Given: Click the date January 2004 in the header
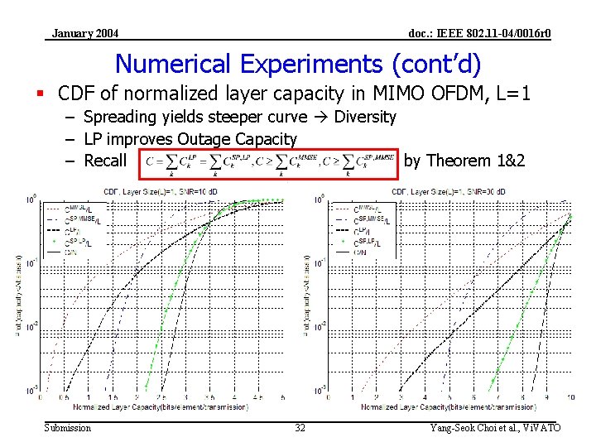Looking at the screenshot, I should point(84,33).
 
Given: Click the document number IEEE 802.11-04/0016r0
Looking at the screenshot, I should point(480,33).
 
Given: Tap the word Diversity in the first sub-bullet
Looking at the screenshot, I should point(365,118).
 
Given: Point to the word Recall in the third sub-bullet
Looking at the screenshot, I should point(105,161).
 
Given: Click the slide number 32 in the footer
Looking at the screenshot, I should point(300,427).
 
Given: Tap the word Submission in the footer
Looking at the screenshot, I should point(68,427).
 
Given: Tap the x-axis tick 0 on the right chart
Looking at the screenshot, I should point(329,398).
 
